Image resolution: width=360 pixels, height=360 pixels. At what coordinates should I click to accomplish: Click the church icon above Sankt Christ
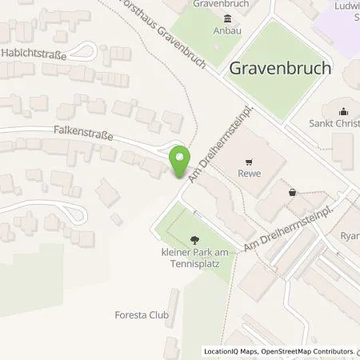pyautogui.click(x=344, y=111)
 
